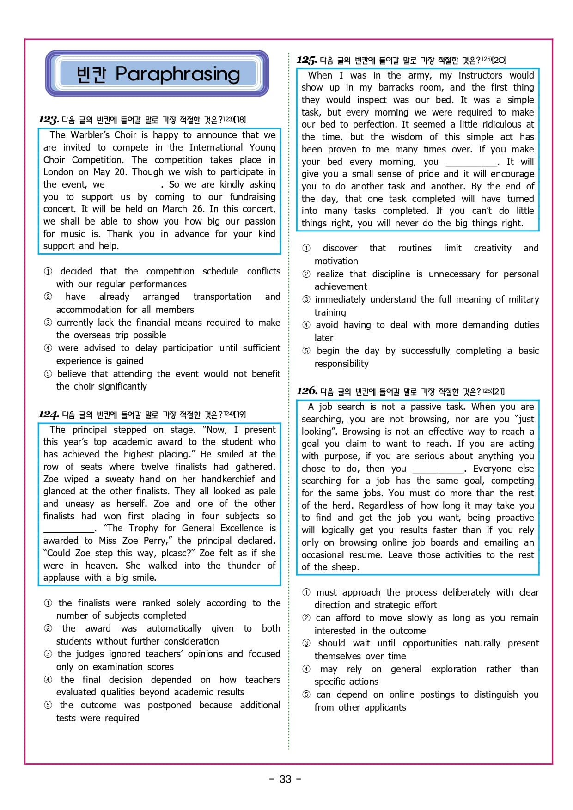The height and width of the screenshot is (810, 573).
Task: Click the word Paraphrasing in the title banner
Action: [177, 74]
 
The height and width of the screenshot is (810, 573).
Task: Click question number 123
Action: [49, 120]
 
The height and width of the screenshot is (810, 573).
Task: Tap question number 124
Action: [49, 414]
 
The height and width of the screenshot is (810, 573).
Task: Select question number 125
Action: [307, 60]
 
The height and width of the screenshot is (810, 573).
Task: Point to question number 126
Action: [307, 391]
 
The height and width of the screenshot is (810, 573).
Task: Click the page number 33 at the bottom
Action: [286, 779]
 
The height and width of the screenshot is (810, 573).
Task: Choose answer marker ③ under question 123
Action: [48, 323]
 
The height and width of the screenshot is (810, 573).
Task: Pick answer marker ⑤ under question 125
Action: [306, 351]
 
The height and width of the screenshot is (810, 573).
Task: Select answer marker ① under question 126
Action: [306, 592]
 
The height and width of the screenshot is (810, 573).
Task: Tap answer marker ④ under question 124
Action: [48, 680]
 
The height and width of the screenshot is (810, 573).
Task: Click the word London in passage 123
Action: [58, 172]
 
